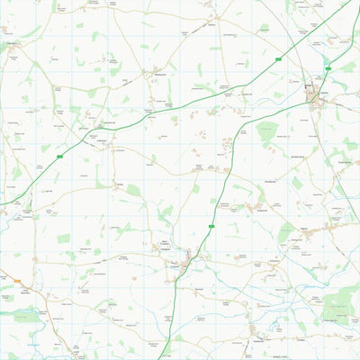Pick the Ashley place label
[x=118, y=184]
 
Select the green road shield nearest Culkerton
[x=59, y=157]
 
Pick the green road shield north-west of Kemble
[x=280, y=59]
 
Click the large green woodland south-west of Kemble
[x=266, y=133]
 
